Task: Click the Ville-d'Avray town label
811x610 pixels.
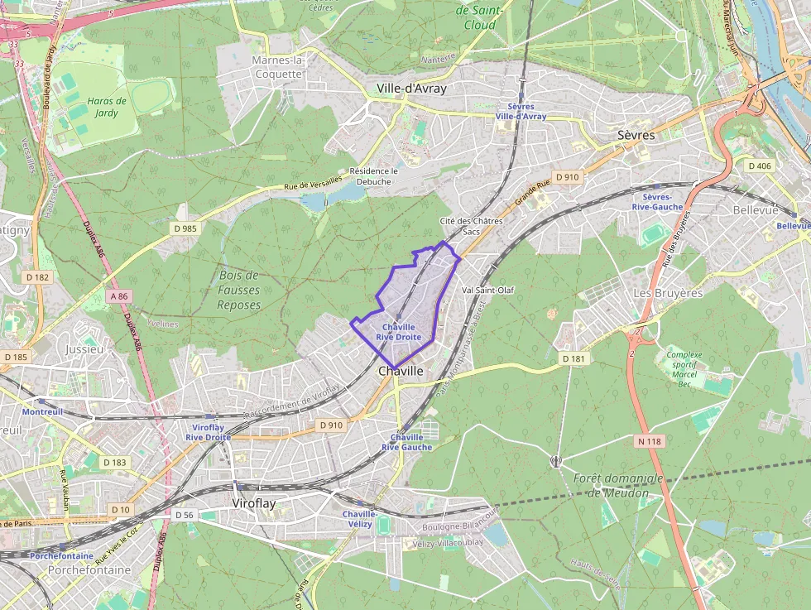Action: [x=411, y=89]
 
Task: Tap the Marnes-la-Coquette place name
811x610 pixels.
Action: [x=279, y=67]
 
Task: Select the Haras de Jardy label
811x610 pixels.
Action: [x=106, y=107]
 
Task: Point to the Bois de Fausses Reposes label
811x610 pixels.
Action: [x=239, y=290]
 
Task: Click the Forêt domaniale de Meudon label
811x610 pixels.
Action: [x=618, y=486]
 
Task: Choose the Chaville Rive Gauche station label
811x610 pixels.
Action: [x=406, y=442]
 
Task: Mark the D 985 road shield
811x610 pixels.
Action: [x=185, y=228]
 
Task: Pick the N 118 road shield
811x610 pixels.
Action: [x=650, y=441]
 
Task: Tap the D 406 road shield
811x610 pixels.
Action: [x=759, y=166]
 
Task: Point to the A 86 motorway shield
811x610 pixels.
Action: [x=118, y=295]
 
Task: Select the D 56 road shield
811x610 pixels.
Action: [x=184, y=515]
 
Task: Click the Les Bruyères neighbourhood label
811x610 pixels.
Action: [x=667, y=293]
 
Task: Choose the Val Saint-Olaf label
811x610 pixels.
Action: [x=488, y=291]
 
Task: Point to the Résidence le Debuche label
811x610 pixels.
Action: [x=374, y=176]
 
